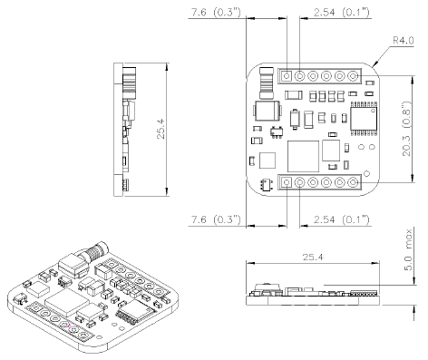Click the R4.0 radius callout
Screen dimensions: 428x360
[x=404, y=40]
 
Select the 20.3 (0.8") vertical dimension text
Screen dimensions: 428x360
[x=407, y=129]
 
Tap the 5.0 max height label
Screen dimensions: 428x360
[x=408, y=250]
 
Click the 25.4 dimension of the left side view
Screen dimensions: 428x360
[x=160, y=129]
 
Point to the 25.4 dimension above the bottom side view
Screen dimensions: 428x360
[x=313, y=258]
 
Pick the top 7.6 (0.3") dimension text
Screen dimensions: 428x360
[x=216, y=13]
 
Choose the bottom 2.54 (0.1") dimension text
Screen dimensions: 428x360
[x=342, y=219]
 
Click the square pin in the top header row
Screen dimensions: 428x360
[x=287, y=75]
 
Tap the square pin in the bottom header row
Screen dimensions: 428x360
[x=287, y=182]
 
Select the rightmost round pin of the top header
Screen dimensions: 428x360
[x=353, y=75]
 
